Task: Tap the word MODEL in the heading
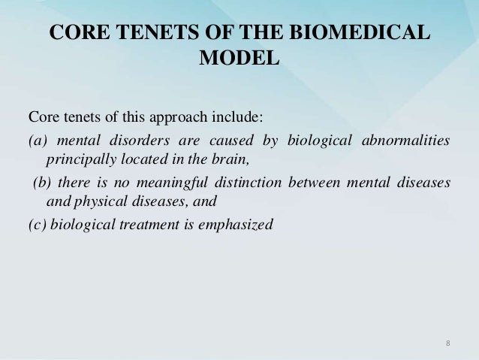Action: point(239,58)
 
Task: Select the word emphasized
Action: point(233,223)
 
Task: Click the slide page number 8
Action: point(447,343)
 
